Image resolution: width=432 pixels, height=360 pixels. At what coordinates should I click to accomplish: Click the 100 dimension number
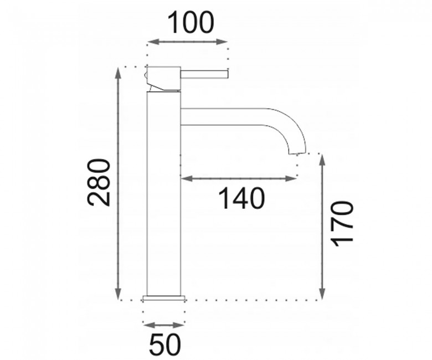(191, 23)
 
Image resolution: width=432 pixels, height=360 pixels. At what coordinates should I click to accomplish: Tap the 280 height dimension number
(99, 182)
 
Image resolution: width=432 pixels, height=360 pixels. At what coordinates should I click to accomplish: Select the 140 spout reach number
(241, 198)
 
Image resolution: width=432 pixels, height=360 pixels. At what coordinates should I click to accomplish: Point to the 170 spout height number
(342, 224)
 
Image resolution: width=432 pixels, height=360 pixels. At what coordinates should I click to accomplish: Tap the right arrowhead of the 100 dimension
(222, 42)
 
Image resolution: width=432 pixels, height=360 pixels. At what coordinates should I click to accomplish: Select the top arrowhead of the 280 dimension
(119, 73)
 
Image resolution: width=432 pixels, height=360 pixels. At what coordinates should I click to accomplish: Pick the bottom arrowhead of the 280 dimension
(119, 294)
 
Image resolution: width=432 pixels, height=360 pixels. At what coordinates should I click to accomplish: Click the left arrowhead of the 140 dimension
(186, 179)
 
